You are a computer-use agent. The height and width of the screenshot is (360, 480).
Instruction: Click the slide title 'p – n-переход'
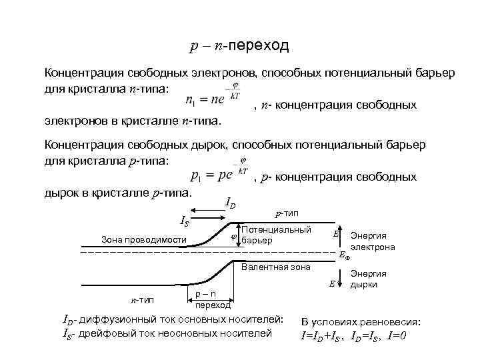[239, 46]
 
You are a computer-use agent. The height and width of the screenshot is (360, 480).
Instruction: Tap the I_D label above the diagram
[230, 203]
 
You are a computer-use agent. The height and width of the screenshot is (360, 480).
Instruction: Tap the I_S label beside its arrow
[185, 221]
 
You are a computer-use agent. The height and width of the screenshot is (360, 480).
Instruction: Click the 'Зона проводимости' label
[143, 239]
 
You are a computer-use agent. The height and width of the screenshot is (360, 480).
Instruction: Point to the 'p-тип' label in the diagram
[287, 214]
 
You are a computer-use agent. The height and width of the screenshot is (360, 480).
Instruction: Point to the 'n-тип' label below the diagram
[142, 301]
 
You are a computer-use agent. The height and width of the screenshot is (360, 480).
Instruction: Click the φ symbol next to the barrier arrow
[233, 237]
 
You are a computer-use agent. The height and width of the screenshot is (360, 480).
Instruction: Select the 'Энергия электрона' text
[373, 241]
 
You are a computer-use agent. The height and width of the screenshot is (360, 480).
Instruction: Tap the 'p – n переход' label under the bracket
[212, 300]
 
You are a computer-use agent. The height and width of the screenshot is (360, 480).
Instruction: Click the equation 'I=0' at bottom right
[399, 335]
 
